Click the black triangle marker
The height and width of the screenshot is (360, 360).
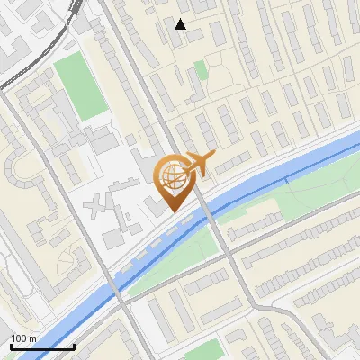[x=181, y=24]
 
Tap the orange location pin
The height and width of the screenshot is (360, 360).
[x=173, y=185]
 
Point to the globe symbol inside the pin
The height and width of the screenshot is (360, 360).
[x=171, y=178]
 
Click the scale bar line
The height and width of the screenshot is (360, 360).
[x=41, y=347]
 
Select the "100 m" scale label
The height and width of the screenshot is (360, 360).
[x=24, y=338]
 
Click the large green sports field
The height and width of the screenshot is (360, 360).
[x=81, y=86]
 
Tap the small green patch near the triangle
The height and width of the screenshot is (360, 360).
[x=201, y=69]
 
